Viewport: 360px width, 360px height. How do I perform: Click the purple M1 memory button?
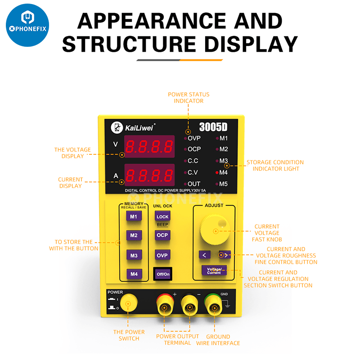[133, 216]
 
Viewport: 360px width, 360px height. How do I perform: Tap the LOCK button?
[162, 216]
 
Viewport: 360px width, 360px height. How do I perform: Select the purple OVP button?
[162, 255]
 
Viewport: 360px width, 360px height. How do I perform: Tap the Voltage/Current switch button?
[214, 270]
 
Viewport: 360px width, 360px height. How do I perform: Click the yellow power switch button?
[128, 304]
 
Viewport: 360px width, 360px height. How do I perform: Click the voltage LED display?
[149, 146]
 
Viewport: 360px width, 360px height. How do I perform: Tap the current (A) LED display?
[149, 175]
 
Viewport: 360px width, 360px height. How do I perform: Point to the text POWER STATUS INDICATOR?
[189, 98]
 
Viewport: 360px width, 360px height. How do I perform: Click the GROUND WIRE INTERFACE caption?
[218, 340]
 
